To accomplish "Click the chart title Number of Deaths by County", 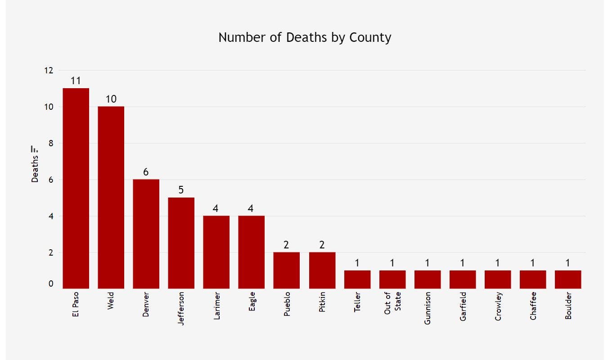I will [305, 37].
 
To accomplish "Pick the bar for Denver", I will [146, 234].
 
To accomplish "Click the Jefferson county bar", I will [181, 243].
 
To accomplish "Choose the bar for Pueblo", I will [286, 270].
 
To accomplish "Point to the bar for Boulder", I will [567, 279].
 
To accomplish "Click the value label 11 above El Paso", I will [76, 81].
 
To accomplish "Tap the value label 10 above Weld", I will [111, 99].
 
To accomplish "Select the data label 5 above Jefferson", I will [181, 190].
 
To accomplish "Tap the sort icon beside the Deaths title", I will [35, 148].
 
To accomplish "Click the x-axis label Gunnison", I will [428, 308].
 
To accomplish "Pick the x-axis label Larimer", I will [216, 306].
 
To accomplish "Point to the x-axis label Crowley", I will [498, 306].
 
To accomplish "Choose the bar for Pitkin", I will [322, 270].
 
